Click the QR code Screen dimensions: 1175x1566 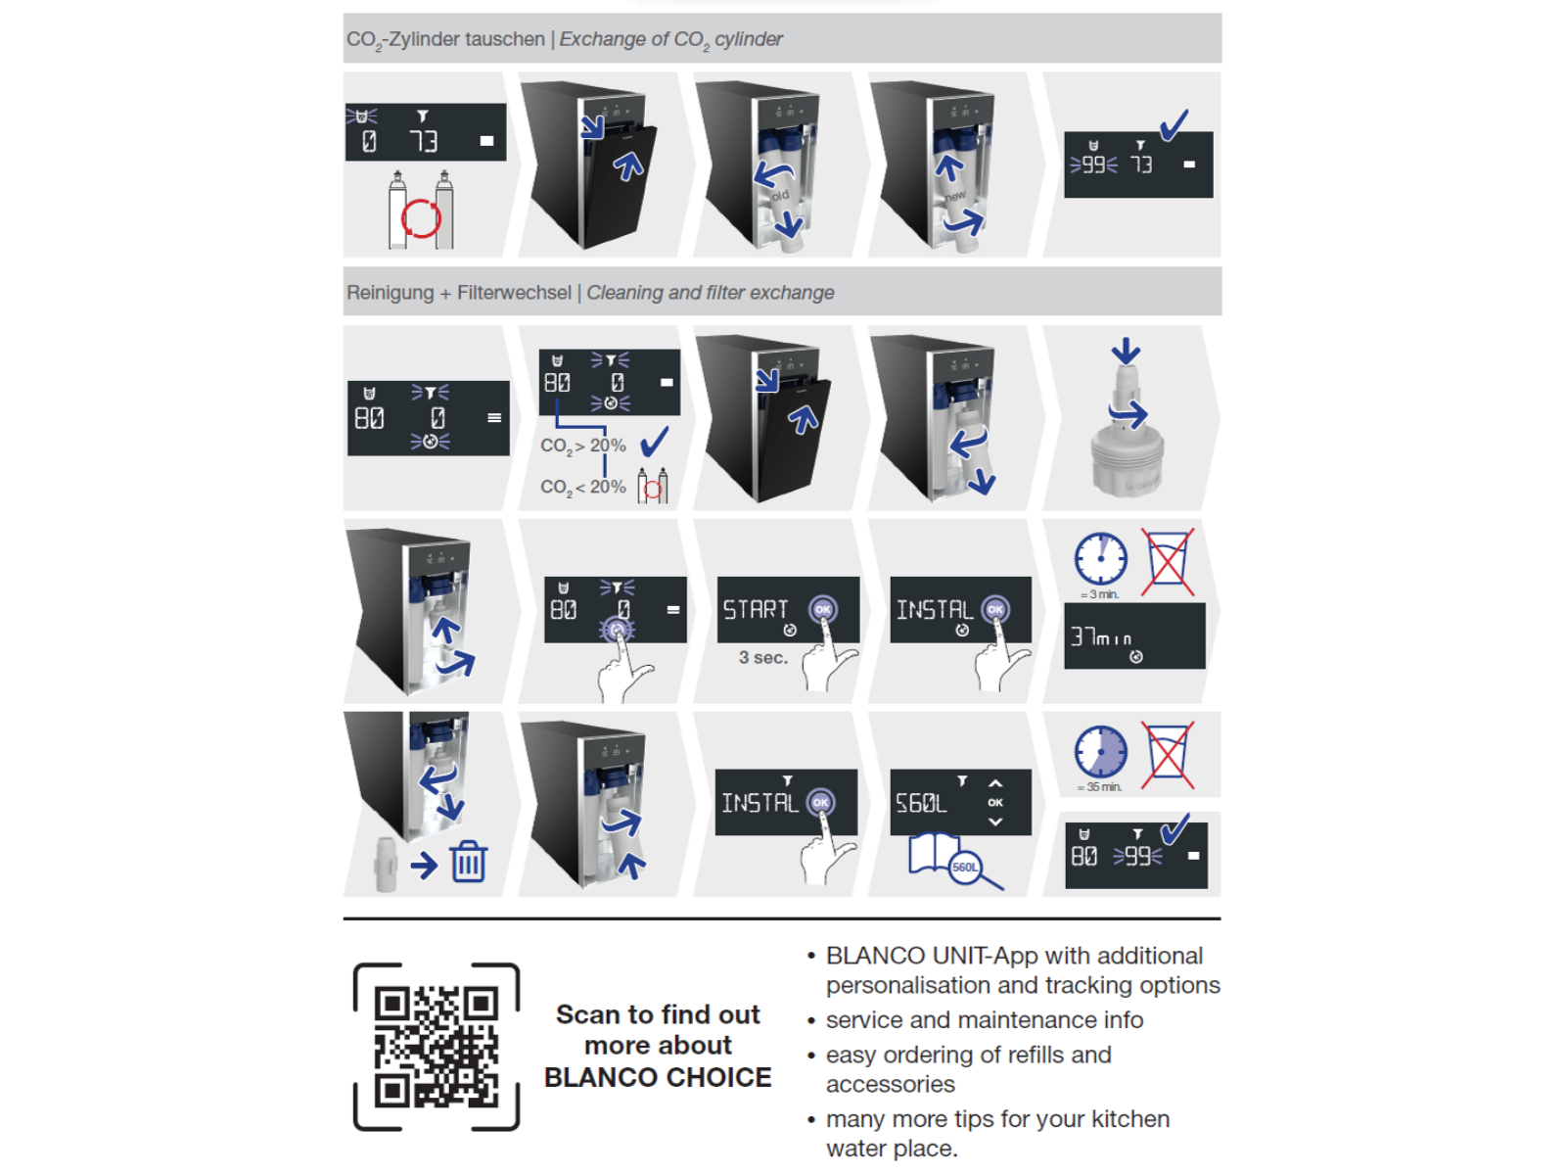point(437,1047)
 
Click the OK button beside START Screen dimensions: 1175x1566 point(823,609)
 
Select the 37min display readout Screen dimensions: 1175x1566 point(1101,637)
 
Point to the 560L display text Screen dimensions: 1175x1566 point(921,804)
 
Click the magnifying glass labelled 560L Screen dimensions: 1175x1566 point(966,867)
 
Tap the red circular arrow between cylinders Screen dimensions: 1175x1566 point(421,218)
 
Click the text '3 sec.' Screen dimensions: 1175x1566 point(763,658)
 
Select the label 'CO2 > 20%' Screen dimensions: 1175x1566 point(583,446)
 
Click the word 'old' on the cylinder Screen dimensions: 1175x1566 point(780,196)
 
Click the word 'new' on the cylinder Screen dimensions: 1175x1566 point(955,197)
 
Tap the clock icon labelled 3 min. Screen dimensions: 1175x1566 point(1100,559)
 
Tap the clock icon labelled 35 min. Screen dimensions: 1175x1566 point(1100,752)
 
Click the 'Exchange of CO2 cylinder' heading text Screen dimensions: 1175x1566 point(670,39)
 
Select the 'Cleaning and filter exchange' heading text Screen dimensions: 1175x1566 point(711,293)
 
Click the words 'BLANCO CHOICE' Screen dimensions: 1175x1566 point(658,1078)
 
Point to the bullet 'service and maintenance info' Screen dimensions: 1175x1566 point(984,1020)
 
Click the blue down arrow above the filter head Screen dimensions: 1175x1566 point(1126,351)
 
